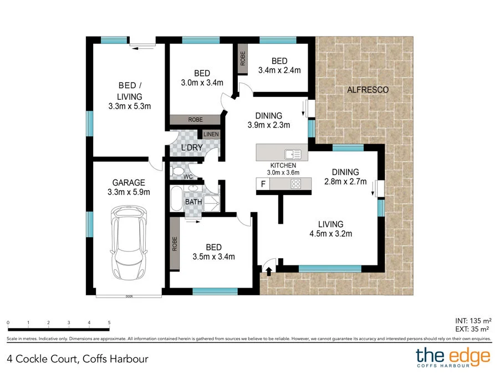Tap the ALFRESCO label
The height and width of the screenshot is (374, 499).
367,89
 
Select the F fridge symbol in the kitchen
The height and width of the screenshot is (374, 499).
263,185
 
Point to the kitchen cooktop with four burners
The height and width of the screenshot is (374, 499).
296,185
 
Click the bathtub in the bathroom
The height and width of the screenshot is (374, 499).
176,199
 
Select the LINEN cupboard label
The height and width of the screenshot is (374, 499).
211,135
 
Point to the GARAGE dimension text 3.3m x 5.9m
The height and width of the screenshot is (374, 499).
129,192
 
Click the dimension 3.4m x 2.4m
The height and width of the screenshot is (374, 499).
279,70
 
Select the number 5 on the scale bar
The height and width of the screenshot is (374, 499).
109,322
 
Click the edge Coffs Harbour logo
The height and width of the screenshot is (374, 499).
453,356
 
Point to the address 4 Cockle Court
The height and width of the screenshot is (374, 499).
78,358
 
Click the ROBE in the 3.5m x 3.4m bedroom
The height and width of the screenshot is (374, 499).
175,244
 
